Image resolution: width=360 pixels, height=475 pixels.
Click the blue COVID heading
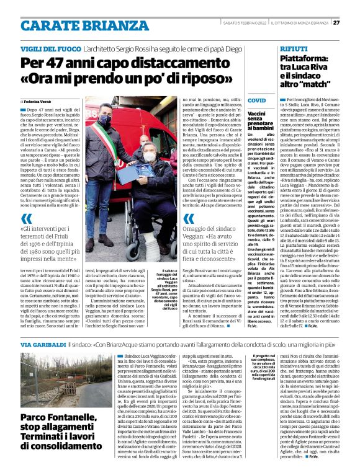point(256,100)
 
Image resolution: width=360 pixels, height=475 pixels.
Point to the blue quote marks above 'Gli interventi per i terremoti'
point(25,219)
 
